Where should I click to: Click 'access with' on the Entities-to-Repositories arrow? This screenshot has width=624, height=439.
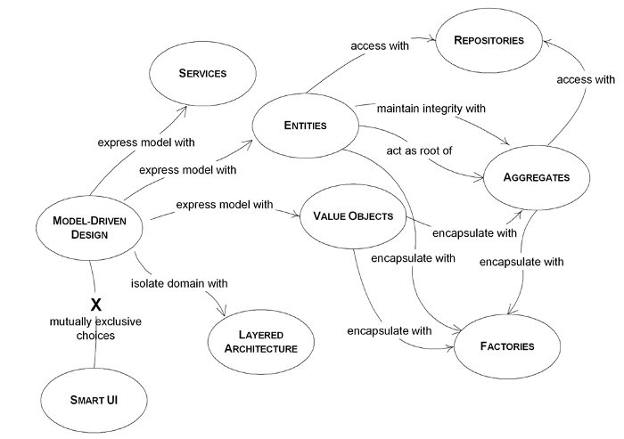pyautogui.click(x=380, y=45)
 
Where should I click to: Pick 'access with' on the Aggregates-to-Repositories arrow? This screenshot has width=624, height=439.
pyautogui.click(x=586, y=79)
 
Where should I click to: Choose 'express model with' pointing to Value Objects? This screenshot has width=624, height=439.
pyautogui.click(x=225, y=205)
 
